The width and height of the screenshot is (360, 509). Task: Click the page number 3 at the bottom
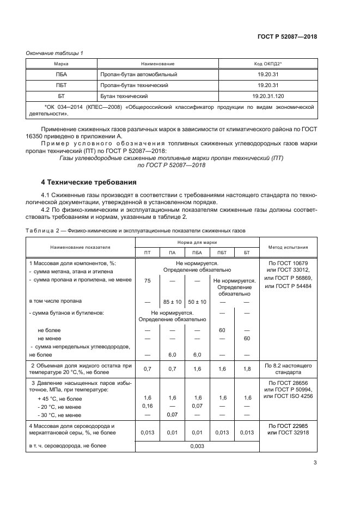315,463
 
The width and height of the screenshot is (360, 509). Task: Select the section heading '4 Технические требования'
89,182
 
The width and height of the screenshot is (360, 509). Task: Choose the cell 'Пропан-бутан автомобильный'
138,74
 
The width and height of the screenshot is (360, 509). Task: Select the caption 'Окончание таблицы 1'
54,53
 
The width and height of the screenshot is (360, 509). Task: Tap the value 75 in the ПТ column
147,280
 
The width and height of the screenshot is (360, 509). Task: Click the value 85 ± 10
172,302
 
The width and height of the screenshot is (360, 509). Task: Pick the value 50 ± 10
197,302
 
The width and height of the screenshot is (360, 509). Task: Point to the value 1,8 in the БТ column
247,369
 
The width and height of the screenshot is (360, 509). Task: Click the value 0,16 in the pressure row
147,406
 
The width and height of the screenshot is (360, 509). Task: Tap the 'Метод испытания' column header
288,247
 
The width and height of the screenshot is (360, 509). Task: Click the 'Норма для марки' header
197,242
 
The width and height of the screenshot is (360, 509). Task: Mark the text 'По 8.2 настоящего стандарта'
288,369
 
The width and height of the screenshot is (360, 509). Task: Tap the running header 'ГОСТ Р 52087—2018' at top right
287,36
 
